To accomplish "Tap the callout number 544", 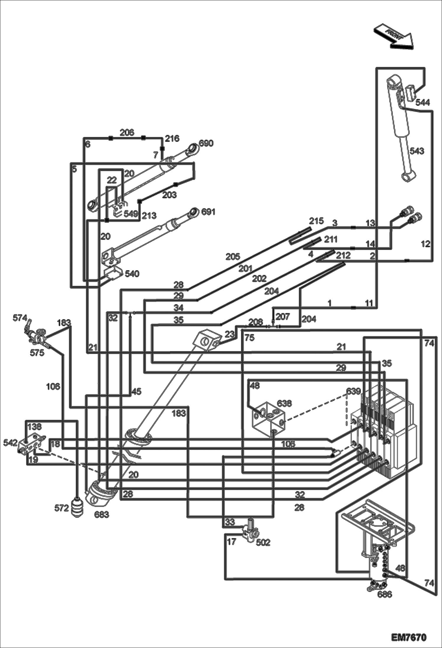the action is [423, 102].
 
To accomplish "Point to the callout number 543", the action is [417, 151].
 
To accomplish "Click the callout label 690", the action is [206, 143].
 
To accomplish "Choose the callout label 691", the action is [208, 212].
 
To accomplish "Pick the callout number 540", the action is [132, 274].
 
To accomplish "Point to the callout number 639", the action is [353, 391].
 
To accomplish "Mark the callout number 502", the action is [263, 543].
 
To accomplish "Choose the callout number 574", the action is [20, 318].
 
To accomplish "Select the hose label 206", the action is [127, 132].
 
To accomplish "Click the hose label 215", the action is [316, 221].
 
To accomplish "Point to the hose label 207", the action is [283, 316].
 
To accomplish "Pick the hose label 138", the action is [35, 426].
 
